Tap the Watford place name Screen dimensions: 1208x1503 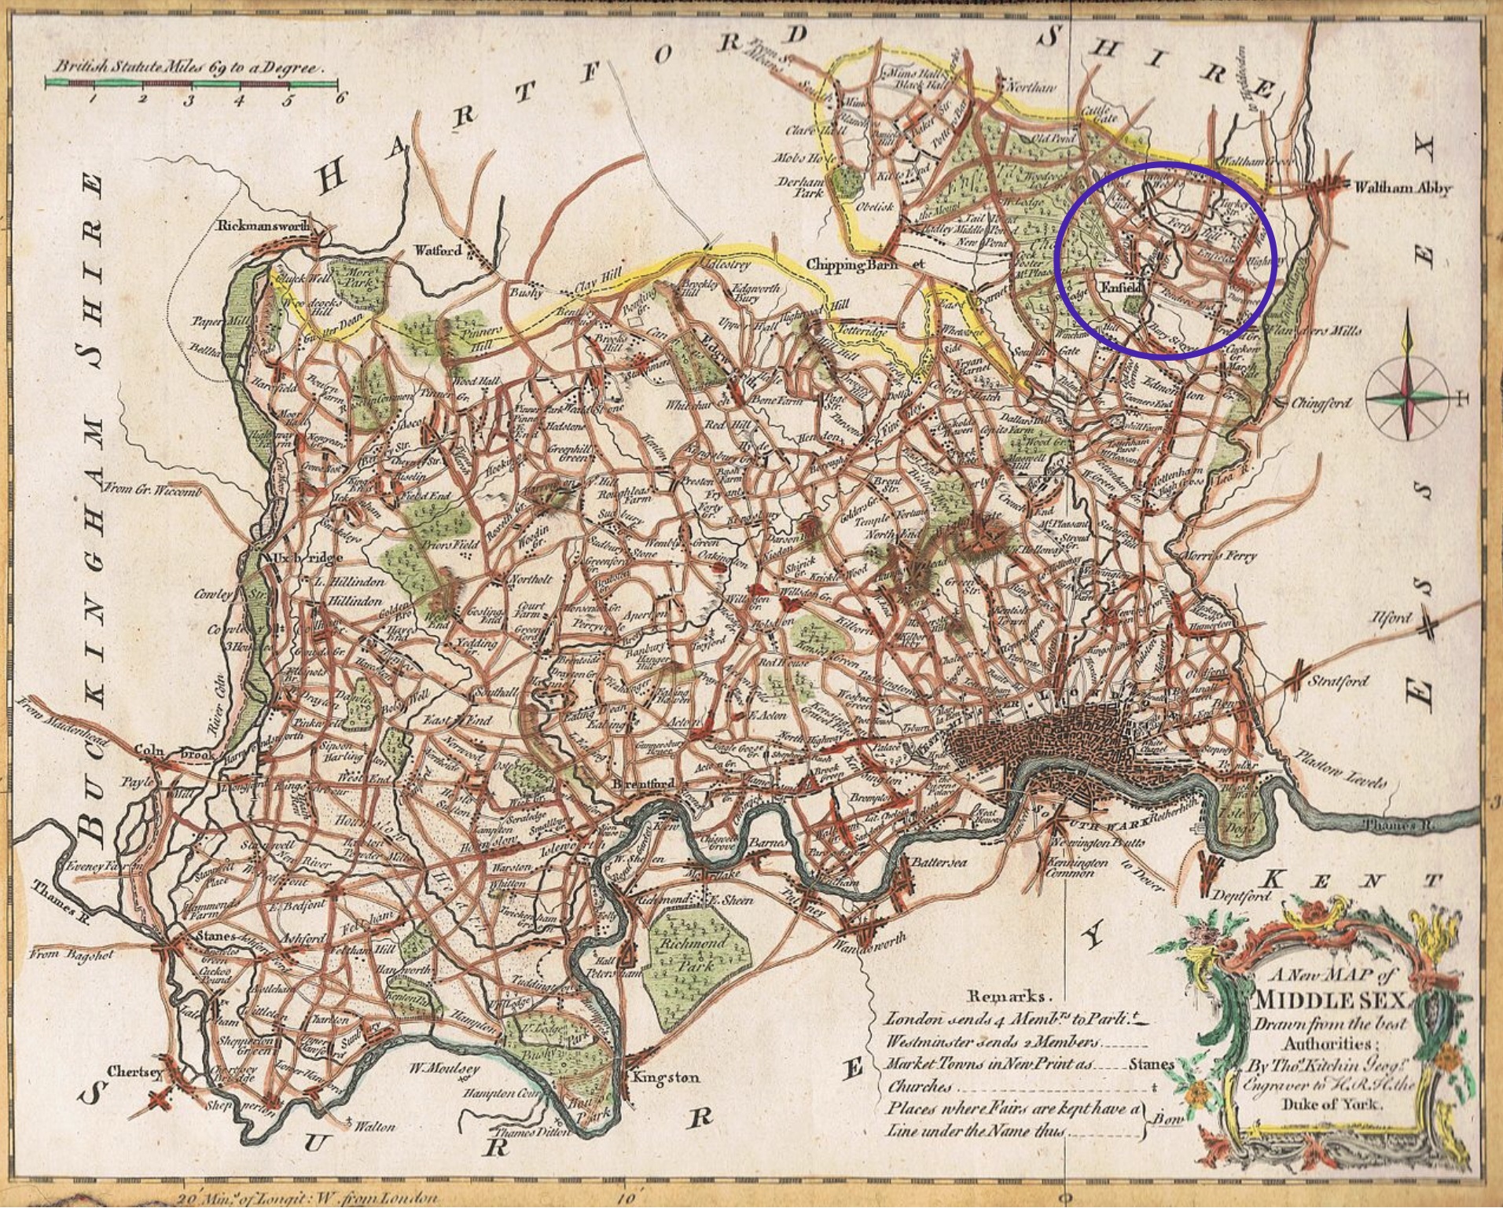click(439, 251)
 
